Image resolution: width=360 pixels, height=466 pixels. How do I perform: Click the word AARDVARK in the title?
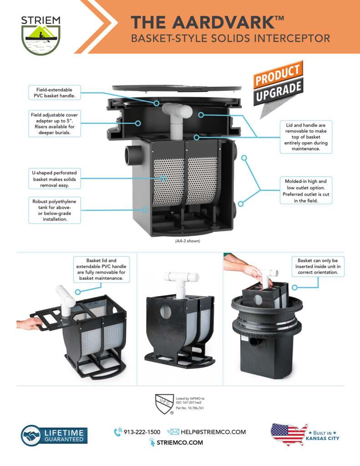coord(223,22)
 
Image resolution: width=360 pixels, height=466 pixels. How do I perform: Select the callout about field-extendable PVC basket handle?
coord(55,92)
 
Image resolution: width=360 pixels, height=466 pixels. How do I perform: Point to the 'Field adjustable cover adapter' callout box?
coord(55,124)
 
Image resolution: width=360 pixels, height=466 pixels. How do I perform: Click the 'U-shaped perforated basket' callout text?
coord(55,179)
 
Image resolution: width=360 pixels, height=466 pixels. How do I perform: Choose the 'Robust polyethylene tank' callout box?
coord(55,210)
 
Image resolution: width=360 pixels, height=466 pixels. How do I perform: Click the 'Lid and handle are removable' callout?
coord(306,137)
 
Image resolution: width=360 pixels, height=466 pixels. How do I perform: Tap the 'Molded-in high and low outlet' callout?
coord(306,191)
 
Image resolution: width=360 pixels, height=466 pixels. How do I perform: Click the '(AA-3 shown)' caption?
coord(188,241)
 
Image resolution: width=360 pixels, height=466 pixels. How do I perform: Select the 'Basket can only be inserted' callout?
coord(318,267)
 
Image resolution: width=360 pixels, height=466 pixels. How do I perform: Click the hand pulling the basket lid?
coord(29,324)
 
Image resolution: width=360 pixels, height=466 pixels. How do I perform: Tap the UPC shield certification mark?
coord(164,404)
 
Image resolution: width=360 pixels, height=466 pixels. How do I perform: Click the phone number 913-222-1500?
coord(142,432)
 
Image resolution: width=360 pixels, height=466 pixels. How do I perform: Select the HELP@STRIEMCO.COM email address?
coord(213,432)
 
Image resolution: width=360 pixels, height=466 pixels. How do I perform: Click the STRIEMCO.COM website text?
coord(180,442)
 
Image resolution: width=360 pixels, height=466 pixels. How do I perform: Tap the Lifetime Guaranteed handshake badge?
coord(54,436)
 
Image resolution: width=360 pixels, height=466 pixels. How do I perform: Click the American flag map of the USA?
coord(289,434)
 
